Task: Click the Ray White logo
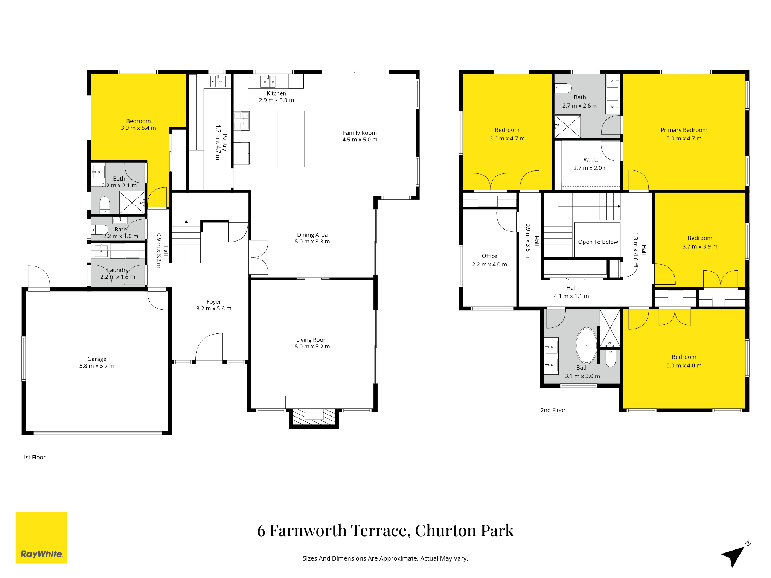pyautogui.click(x=41, y=537)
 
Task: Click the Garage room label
pyautogui.click(x=97, y=359)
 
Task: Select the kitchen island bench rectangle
pyautogui.click(x=291, y=139)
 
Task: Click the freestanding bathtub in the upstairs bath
pyautogui.click(x=587, y=345)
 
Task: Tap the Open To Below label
pyautogui.click(x=598, y=242)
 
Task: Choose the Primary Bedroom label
pyautogui.click(x=684, y=130)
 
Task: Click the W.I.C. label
pyautogui.click(x=591, y=160)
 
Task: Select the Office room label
pyautogui.click(x=489, y=256)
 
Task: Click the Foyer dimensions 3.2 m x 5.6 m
pyautogui.click(x=214, y=309)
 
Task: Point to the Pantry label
pyautogui.click(x=225, y=142)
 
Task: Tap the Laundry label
pyautogui.click(x=118, y=270)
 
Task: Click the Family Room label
pyautogui.click(x=360, y=133)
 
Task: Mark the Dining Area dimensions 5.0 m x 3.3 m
pyautogui.click(x=312, y=242)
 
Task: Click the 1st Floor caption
pyautogui.click(x=34, y=457)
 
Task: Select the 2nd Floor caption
pyautogui.click(x=553, y=410)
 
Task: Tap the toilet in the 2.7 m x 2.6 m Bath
pyautogui.click(x=563, y=88)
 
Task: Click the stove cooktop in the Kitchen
pyautogui.click(x=242, y=120)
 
